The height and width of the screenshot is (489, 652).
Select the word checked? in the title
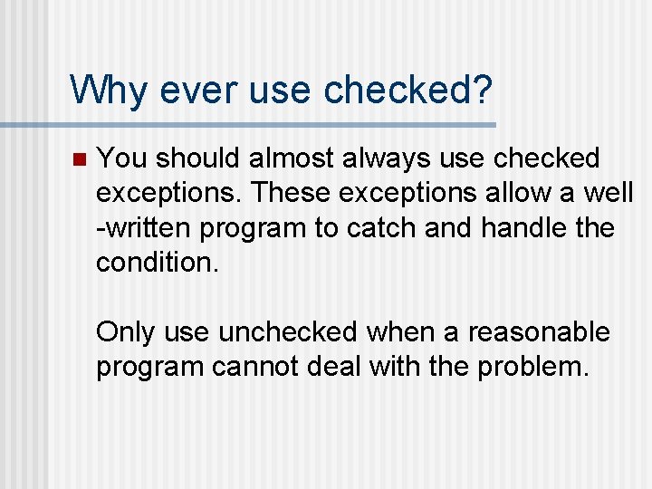(408, 90)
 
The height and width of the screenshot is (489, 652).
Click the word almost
(292, 158)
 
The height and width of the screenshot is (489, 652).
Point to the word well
(609, 194)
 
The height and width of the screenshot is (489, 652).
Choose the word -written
(144, 228)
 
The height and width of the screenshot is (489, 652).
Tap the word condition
(154, 263)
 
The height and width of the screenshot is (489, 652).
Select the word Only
(126, 332)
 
